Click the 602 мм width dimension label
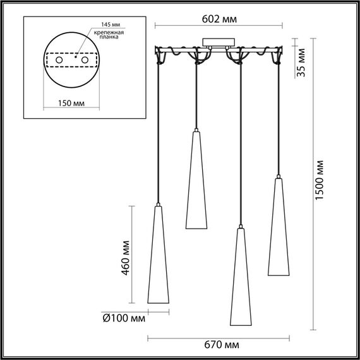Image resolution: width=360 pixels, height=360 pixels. (x=220, y=19)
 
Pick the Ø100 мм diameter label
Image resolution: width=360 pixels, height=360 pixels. (x=123, y=318)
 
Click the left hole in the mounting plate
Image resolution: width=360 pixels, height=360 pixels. (x=58, y=59)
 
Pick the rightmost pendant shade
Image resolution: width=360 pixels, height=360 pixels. (x=279, y=227)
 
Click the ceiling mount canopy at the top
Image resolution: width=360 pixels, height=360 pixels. (x=216, y=44)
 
